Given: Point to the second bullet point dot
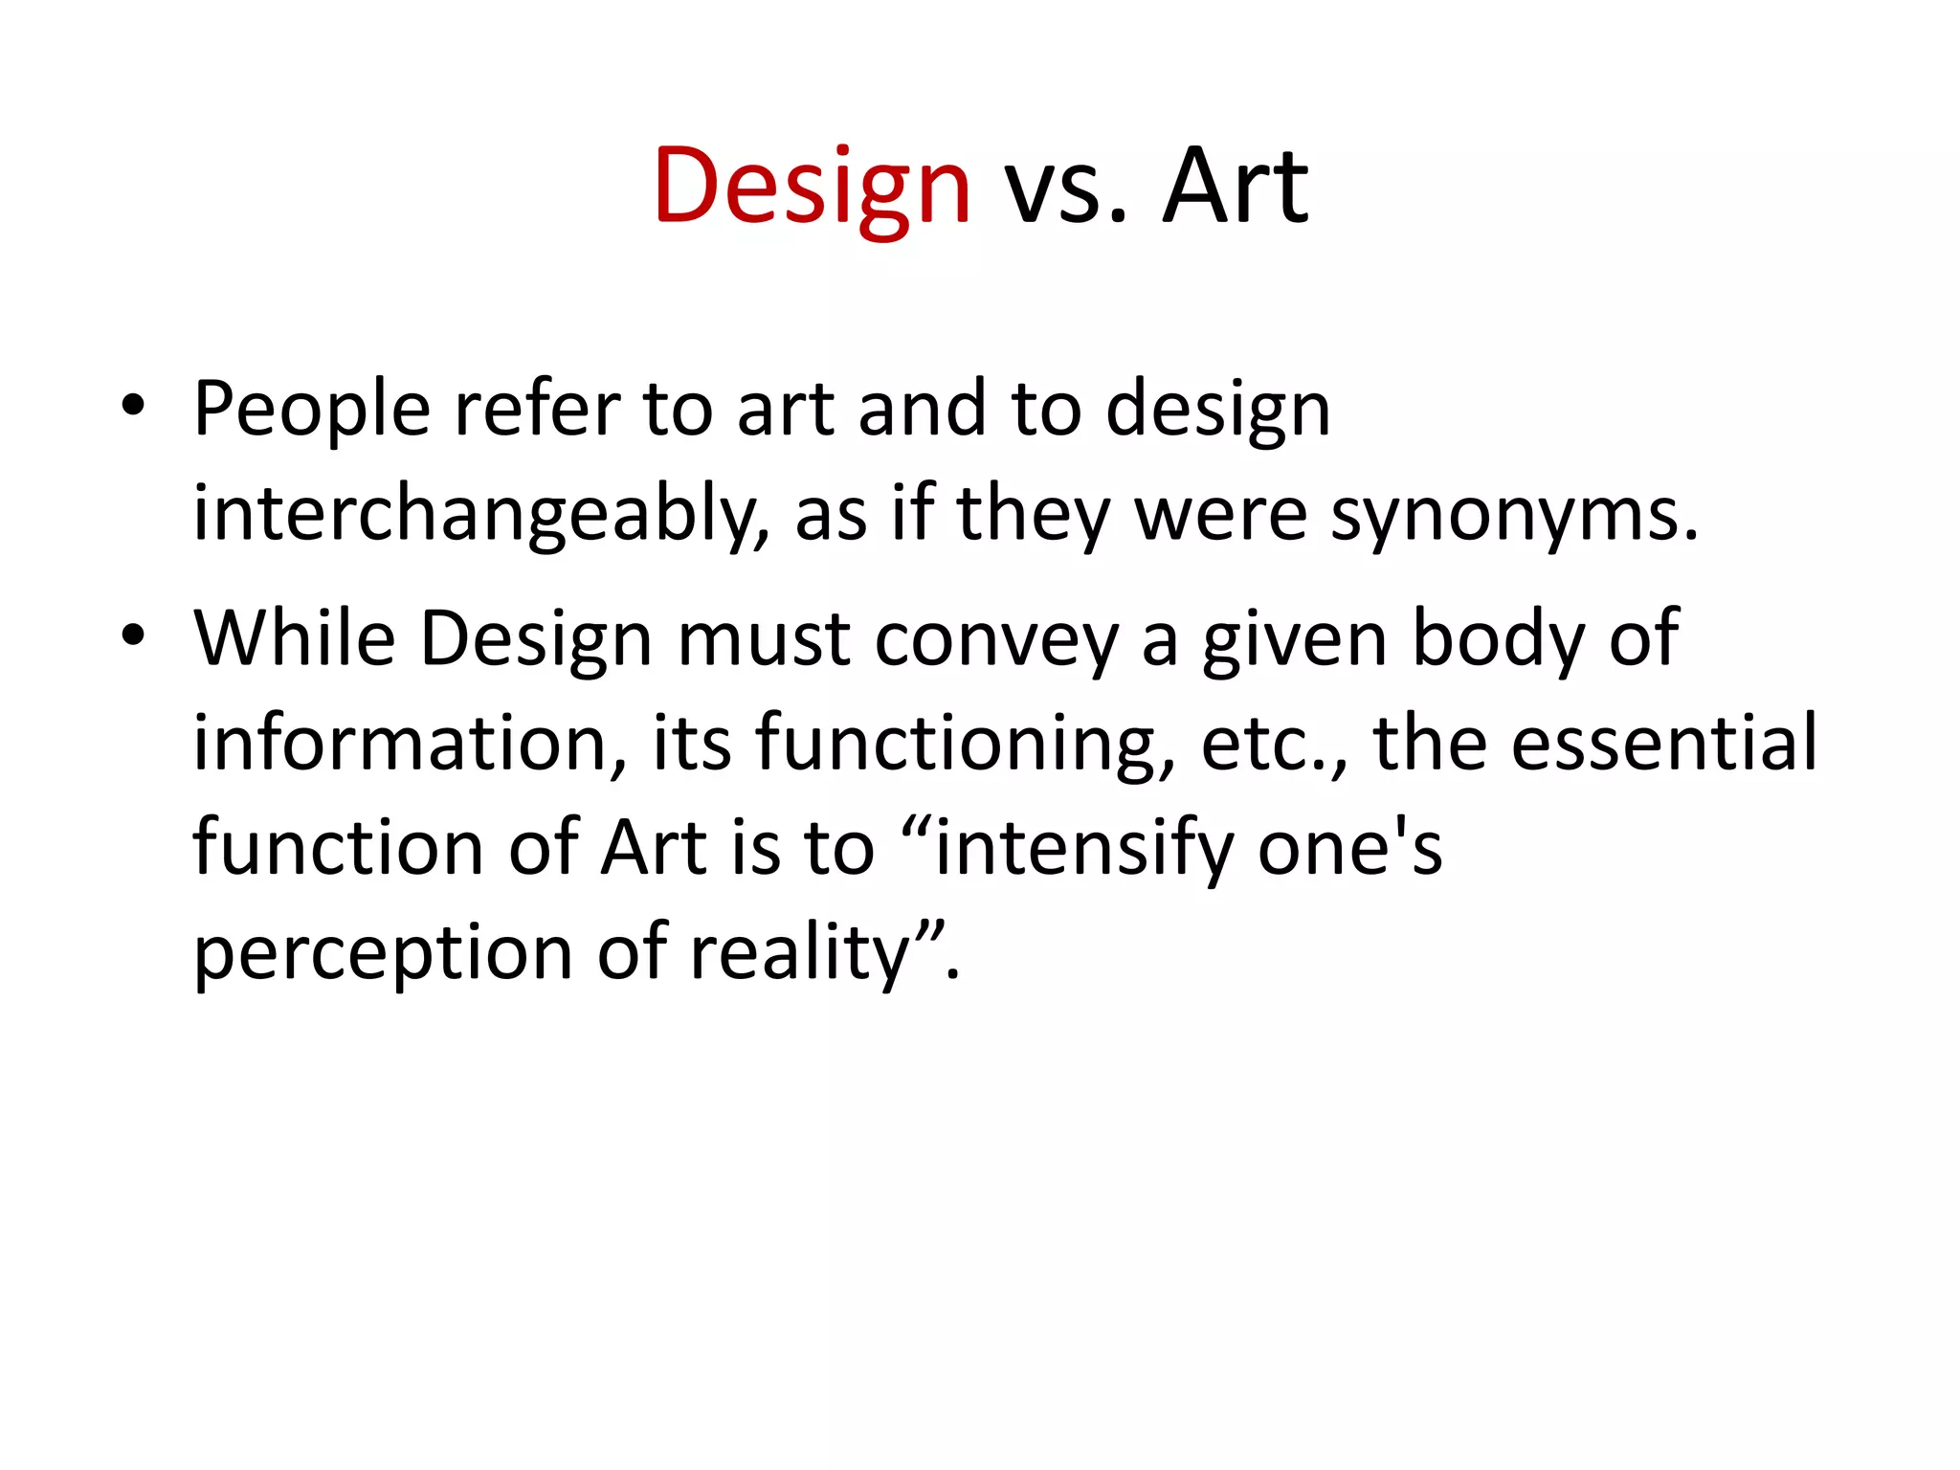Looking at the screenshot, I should tap(133, 635).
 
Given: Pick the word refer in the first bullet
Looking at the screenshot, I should tap(537, 410).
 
